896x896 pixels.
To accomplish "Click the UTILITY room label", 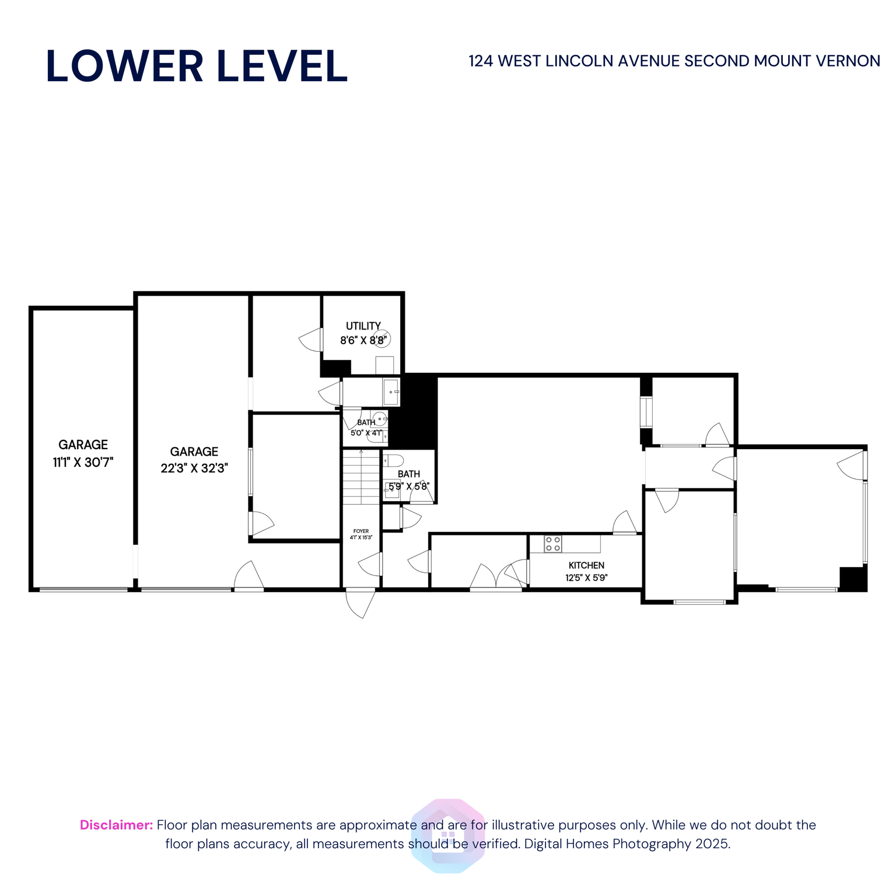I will (363, 326).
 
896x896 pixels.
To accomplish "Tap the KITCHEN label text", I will (586, 565).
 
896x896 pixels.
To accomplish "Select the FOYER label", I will (360, 531).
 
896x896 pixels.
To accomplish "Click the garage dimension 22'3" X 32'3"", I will (194, 468).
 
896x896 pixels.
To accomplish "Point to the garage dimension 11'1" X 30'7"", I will (83, 463).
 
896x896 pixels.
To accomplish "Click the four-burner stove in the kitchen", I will (552, 544).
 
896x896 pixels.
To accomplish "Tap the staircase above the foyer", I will (361, 477).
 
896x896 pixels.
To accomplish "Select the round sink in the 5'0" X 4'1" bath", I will (379, 418).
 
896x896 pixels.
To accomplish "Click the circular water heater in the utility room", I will (383, 338).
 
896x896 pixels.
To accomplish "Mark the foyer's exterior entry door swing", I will (360, 603).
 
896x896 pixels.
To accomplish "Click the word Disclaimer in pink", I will (116, 825).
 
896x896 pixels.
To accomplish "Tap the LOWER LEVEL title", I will (197, 66).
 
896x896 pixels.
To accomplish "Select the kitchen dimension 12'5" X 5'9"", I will (586, 578).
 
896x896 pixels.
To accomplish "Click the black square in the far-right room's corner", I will (853, 579).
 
